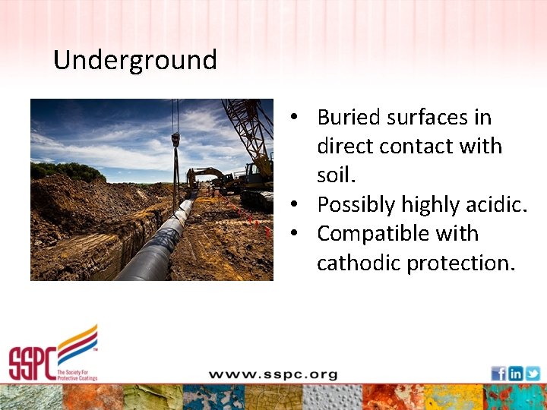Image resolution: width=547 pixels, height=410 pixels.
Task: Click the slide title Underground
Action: tap(135, 60)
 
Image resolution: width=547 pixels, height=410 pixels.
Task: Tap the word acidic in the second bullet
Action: tap(495, 205)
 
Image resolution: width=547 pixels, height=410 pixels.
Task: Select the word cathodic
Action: tap(359, 263)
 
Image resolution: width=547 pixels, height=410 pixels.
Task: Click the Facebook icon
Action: tap(498, 373)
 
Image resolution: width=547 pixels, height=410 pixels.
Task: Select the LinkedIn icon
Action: tap(516, 373)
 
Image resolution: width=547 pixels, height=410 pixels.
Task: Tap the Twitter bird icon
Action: tap(533, 373)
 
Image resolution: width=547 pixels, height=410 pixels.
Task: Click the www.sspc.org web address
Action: tap(273, 374)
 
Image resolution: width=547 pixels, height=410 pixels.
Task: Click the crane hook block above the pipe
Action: tap(175, 140)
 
